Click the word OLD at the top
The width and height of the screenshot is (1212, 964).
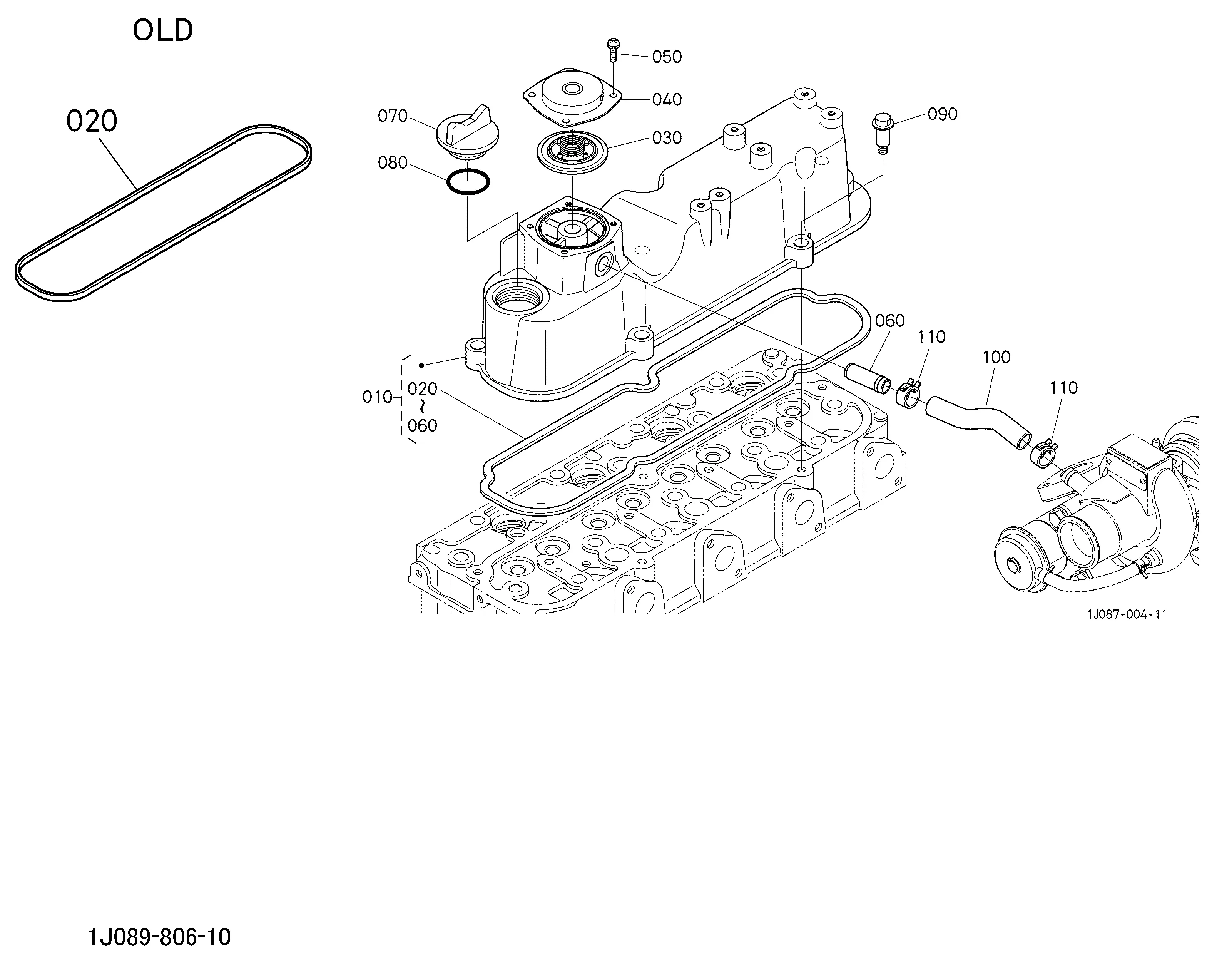coord(163,31)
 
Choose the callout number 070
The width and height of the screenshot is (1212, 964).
coord(392,116)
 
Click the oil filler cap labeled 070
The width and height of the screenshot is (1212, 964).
coord(462,133)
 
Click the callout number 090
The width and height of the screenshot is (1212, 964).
coord(942,114)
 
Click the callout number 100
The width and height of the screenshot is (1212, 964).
coord(997,357)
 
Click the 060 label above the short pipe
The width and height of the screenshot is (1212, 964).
coord(890,321)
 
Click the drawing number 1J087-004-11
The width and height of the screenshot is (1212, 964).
coord(1127,614)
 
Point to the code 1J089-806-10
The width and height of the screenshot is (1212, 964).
coord(160,937)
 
